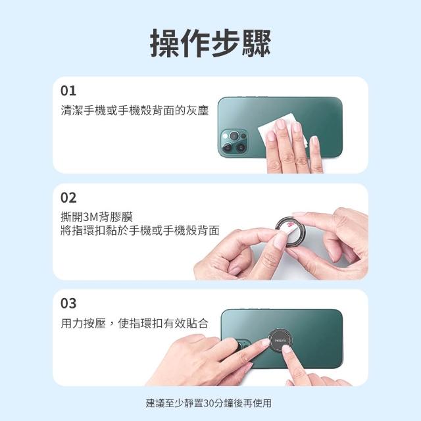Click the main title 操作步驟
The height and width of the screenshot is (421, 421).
[x=210, y=43]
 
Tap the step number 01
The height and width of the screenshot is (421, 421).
[x=68, y=91]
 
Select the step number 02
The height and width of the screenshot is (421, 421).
[x=68, y=198]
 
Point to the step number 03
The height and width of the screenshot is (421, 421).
[x=68, y=303]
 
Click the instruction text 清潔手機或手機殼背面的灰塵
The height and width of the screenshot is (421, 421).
[x=134, y=111]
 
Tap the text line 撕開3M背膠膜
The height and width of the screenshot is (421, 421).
[x=97, y=217]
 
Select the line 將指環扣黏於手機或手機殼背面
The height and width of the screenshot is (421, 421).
[x=140, y=230]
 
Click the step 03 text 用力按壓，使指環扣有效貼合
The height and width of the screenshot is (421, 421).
[x=134, y=323]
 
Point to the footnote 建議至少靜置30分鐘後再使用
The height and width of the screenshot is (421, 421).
[x=209, y=403]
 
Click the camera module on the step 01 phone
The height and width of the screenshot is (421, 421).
[x=234, y=142]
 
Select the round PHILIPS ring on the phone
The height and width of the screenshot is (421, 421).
[x=280, y=340]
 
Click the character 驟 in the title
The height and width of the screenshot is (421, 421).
[x=257, y=43]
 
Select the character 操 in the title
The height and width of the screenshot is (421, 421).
[x=164, y=43]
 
